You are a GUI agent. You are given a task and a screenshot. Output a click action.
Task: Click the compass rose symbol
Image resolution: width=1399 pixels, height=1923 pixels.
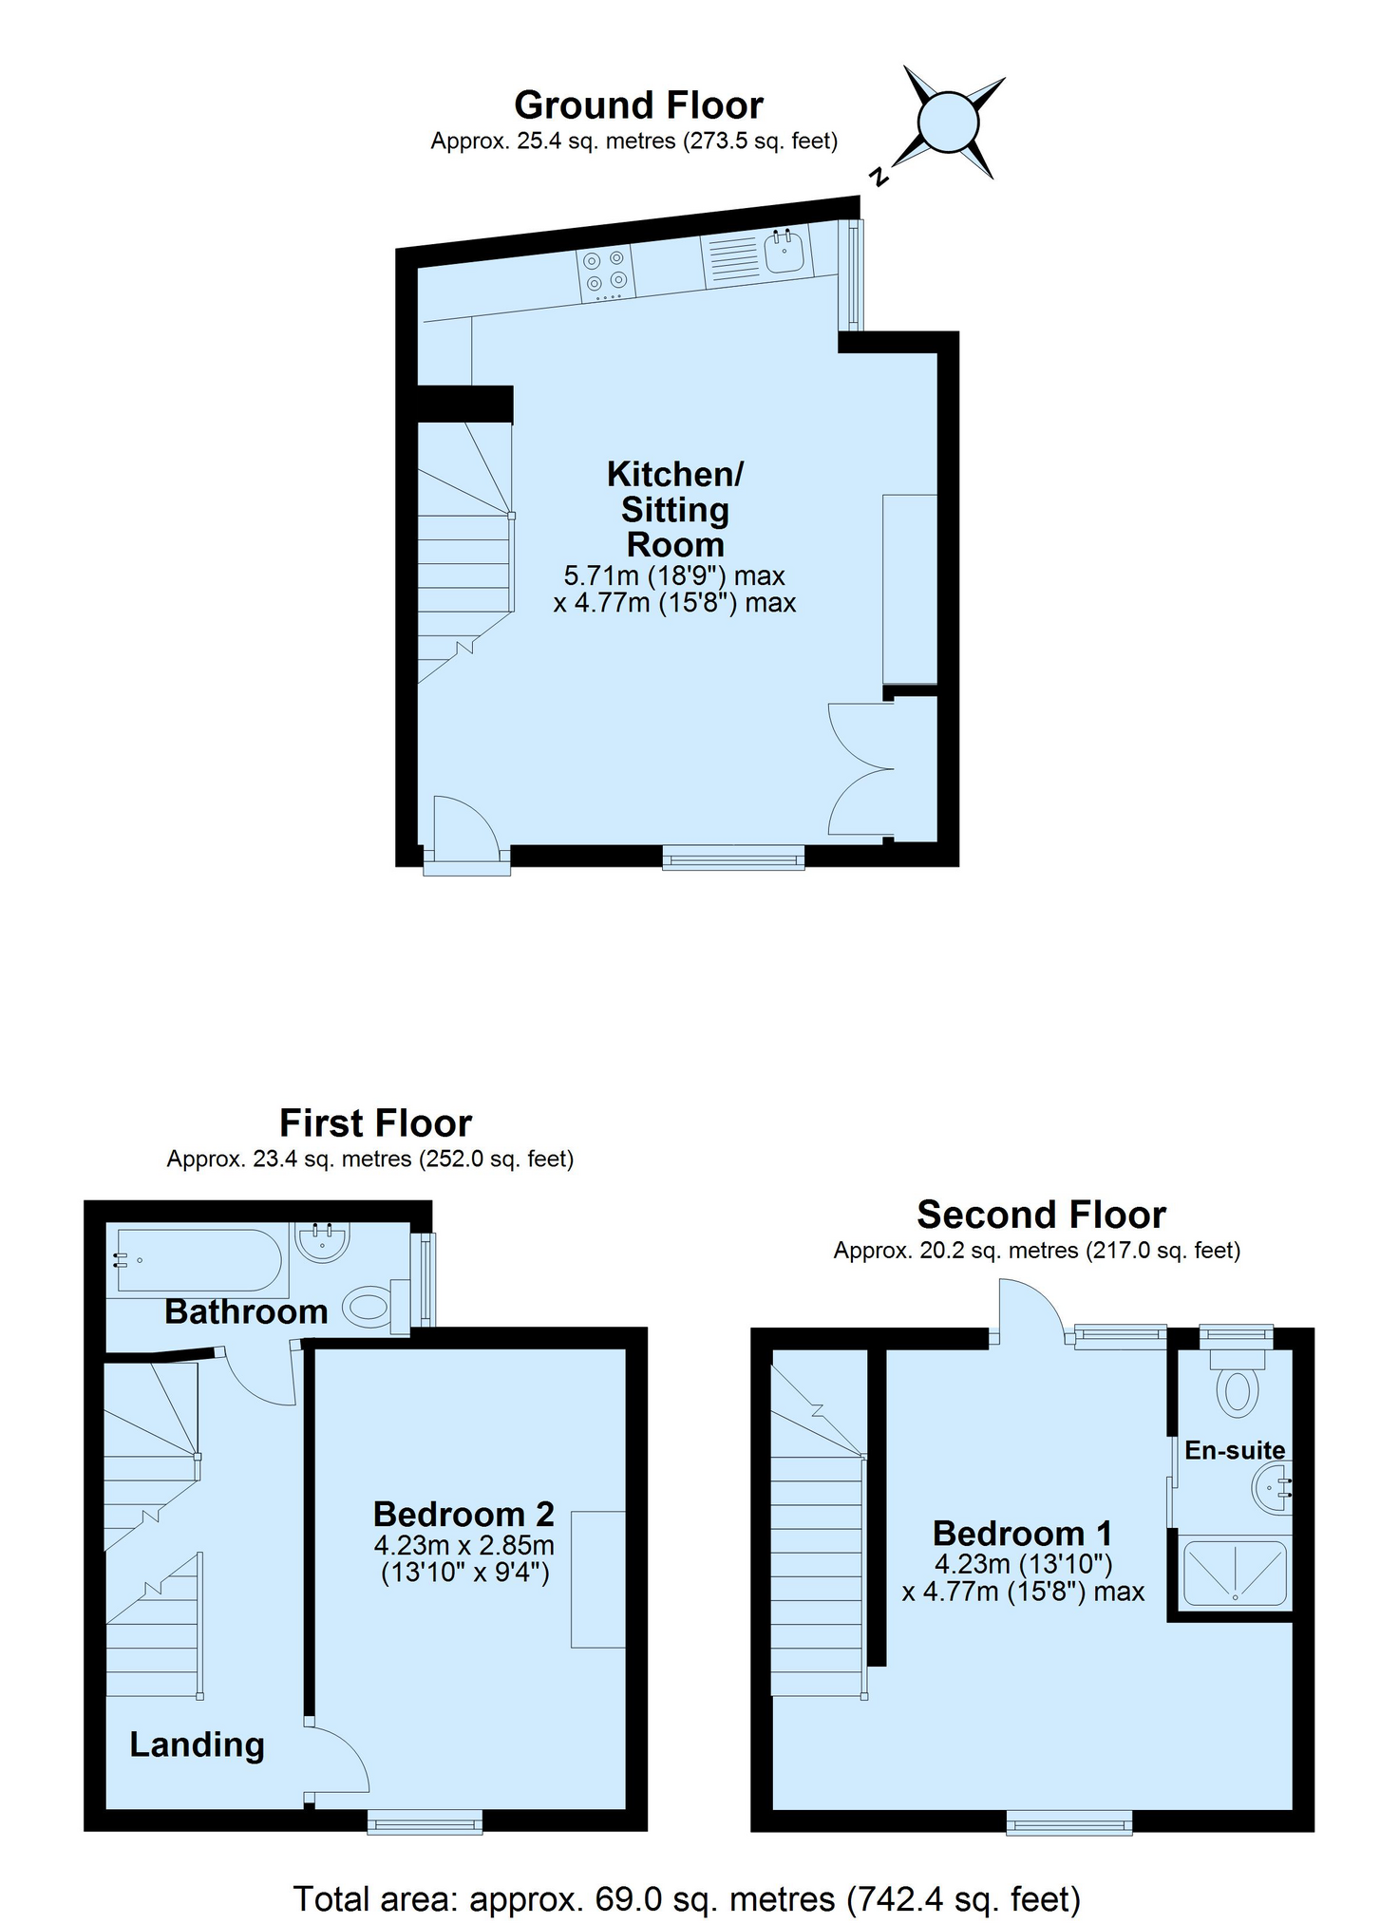click(948, 123)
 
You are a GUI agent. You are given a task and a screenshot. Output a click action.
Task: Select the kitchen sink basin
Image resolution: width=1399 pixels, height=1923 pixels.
click(785, 252)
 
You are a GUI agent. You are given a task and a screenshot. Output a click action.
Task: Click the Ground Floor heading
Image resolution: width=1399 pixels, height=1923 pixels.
click(638, 104)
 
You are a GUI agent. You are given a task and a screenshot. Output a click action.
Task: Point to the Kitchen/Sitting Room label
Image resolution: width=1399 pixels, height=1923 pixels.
click(675, 509)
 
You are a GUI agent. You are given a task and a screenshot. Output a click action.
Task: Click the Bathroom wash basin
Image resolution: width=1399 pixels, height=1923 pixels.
click(323, 1241)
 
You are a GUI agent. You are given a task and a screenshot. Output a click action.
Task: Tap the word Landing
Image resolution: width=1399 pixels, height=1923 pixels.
click(197, 1745)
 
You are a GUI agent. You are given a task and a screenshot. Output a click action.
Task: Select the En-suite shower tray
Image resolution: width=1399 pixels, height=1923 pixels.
click(1235, 1573)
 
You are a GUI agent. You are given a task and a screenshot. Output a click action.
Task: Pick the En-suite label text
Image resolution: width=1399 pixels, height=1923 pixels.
click(1235, 1450)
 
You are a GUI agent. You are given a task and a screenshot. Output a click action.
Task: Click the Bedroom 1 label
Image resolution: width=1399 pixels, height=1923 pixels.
click(1022, 1533)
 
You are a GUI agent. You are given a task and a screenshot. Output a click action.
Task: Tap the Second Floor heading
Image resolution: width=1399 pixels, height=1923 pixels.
click(1041, 1215)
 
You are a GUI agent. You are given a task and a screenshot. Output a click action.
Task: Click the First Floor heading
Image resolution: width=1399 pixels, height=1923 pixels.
click(375, 1123)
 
